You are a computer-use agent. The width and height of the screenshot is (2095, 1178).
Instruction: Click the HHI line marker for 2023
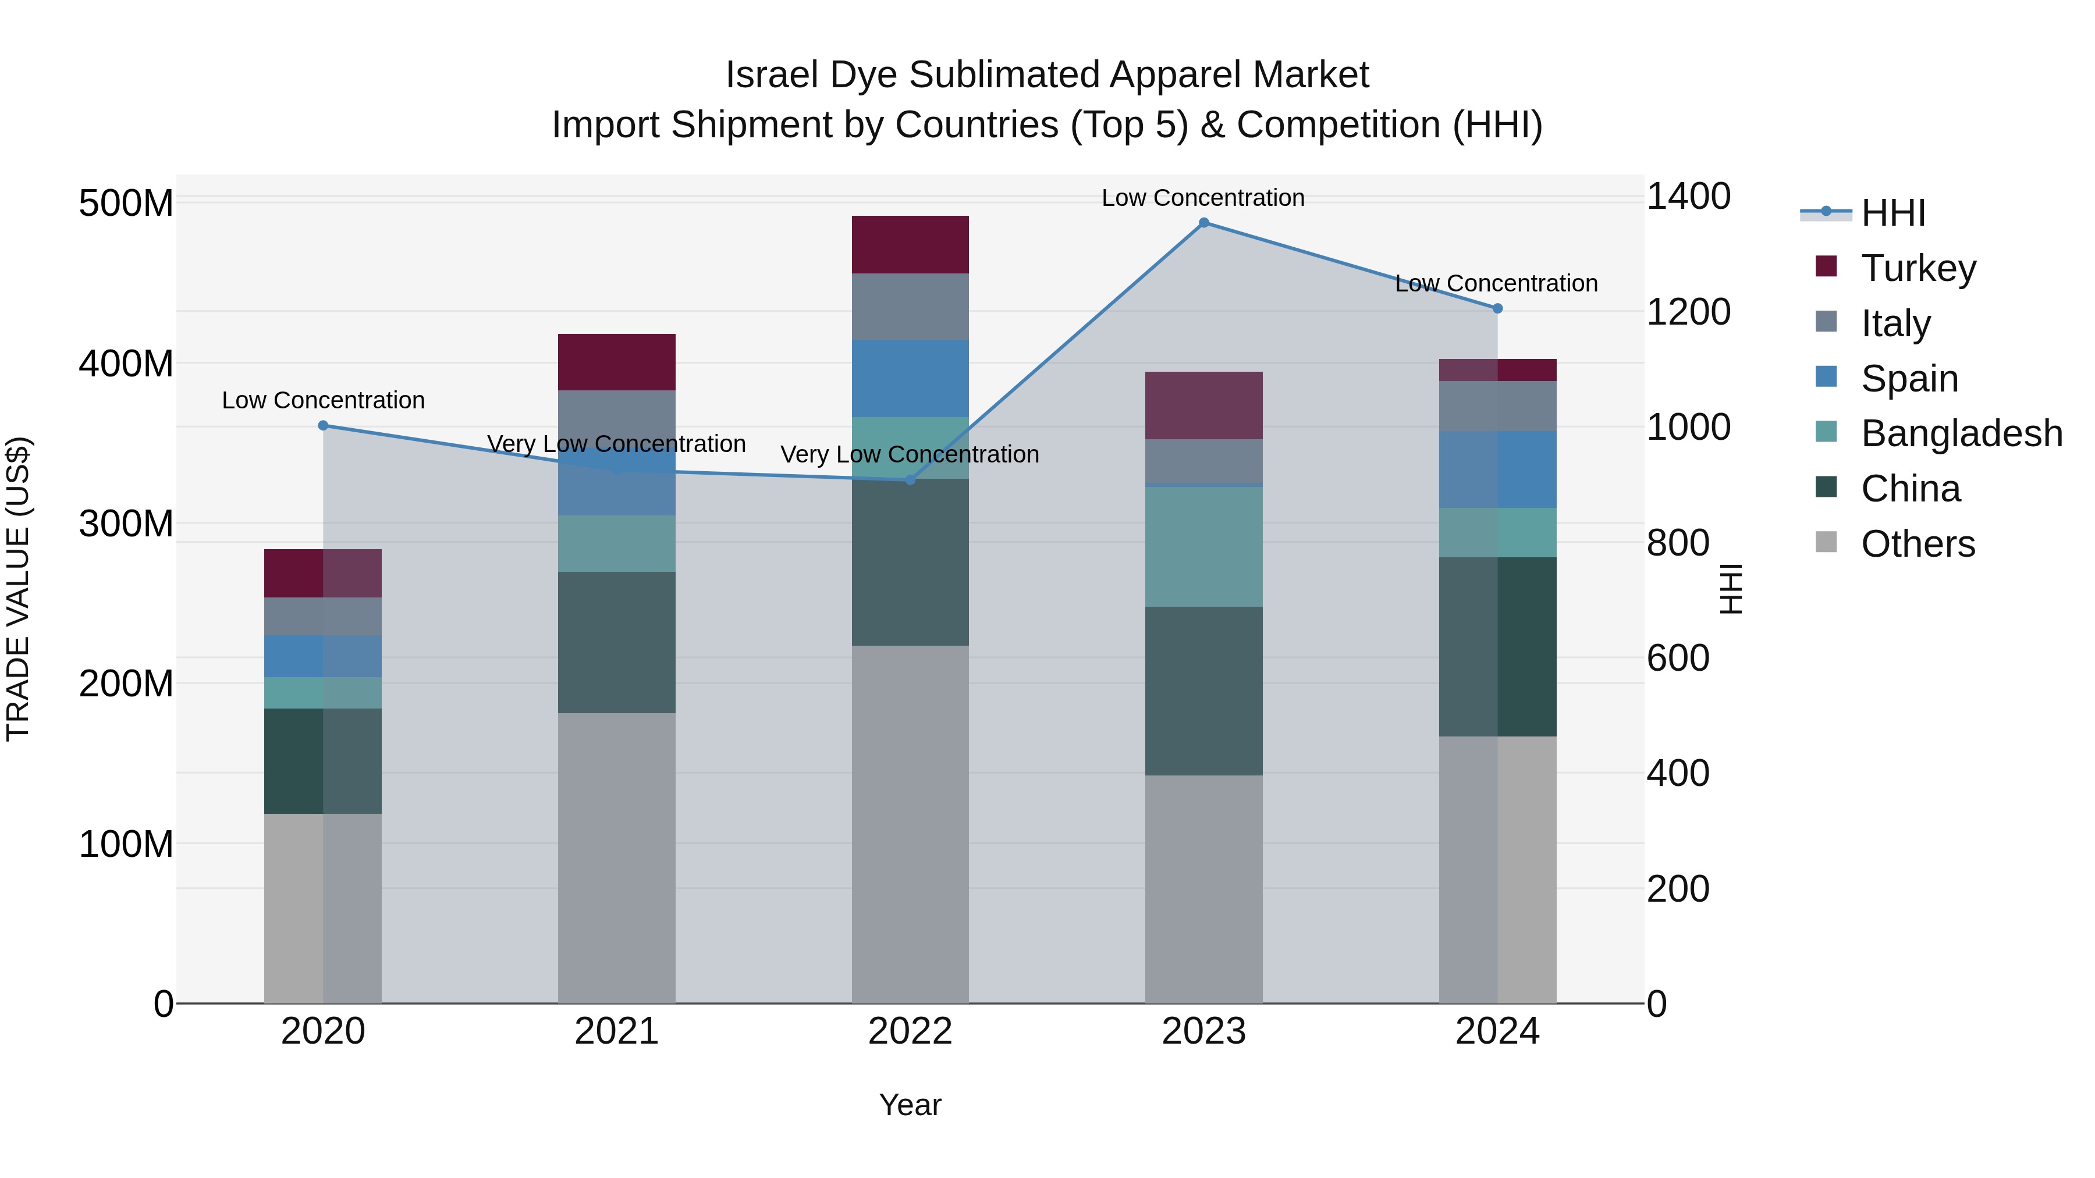(1203, 223)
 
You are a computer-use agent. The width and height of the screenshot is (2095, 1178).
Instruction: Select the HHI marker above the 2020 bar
(323, 425)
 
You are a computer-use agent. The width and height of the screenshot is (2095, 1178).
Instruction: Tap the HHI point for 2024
(1497, 308)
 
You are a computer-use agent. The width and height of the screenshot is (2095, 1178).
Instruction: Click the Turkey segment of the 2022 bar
(910, 245)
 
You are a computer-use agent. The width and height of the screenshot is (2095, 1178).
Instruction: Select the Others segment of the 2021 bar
(616, 857)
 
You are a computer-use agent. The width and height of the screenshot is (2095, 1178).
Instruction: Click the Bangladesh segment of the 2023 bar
(1203, 546)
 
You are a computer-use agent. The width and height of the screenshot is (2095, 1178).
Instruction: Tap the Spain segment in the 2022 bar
(910, 378)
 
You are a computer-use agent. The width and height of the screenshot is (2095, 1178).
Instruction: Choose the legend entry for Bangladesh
(1961, 433)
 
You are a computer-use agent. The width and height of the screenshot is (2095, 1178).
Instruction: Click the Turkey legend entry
(1918, 268)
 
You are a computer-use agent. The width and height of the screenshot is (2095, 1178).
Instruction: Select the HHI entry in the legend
(1892, 213)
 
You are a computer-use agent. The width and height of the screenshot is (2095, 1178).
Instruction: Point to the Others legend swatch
(1826, 542)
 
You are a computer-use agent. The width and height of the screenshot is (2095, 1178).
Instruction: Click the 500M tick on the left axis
(126, 203)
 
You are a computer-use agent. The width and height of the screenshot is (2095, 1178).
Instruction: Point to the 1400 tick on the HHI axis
(1688, 197)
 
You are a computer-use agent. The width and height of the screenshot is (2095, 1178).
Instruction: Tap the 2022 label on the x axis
(910, 1031)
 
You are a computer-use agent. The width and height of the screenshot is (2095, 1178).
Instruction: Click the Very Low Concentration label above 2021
(616, 444)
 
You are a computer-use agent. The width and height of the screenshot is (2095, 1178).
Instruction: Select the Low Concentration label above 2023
(1203, 198)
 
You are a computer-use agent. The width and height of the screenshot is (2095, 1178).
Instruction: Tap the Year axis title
(910, 1105)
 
